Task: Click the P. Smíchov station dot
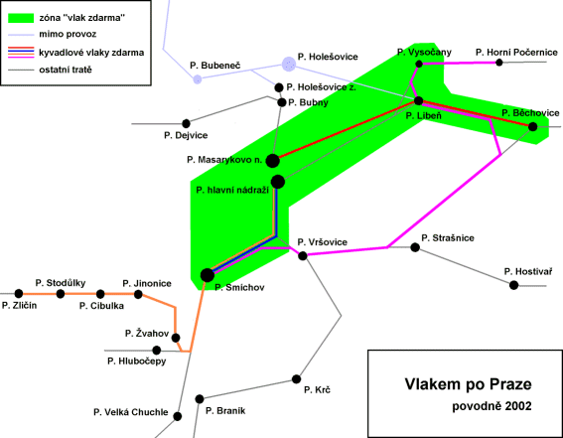(x=208, y=275)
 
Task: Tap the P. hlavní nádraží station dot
(x=278, y=182)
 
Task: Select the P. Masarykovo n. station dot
(x=272, y=161)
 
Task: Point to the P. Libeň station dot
(x=419, y=100)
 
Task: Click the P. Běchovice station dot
(x=533, y=126)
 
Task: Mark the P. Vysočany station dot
(x=419, y=64)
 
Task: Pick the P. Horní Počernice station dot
(x=499, y=63)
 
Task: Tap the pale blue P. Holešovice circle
(x=289, y=65)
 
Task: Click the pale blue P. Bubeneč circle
(x=198, y=79)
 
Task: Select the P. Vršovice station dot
(x=303, y=255)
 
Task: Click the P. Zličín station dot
(x=19, y=294)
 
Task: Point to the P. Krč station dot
(x=296, y=379)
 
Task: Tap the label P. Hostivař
(x=528, y=272)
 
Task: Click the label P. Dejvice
(x=186, y=136)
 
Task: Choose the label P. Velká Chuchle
(x=131, y=412)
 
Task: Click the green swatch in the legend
(x=21, y=18)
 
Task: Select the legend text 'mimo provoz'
(x=68, y=34)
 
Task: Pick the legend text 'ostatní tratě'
(x=66, y=70)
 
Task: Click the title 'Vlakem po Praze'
(x=469, y=384)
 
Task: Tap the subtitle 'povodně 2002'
(x=492, y=407)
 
